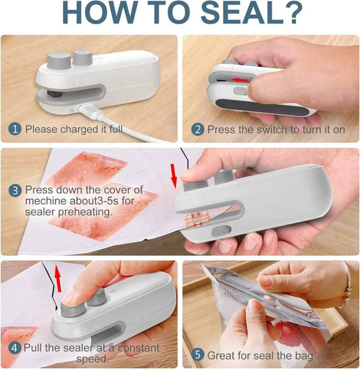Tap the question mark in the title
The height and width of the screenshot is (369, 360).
pos(292,15)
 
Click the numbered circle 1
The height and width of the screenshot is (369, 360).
pos(15,128)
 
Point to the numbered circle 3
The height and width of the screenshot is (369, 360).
pos(15,190)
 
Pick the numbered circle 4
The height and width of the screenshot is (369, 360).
pos(15,349)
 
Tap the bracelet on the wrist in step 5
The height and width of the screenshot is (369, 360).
pos(347,287)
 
